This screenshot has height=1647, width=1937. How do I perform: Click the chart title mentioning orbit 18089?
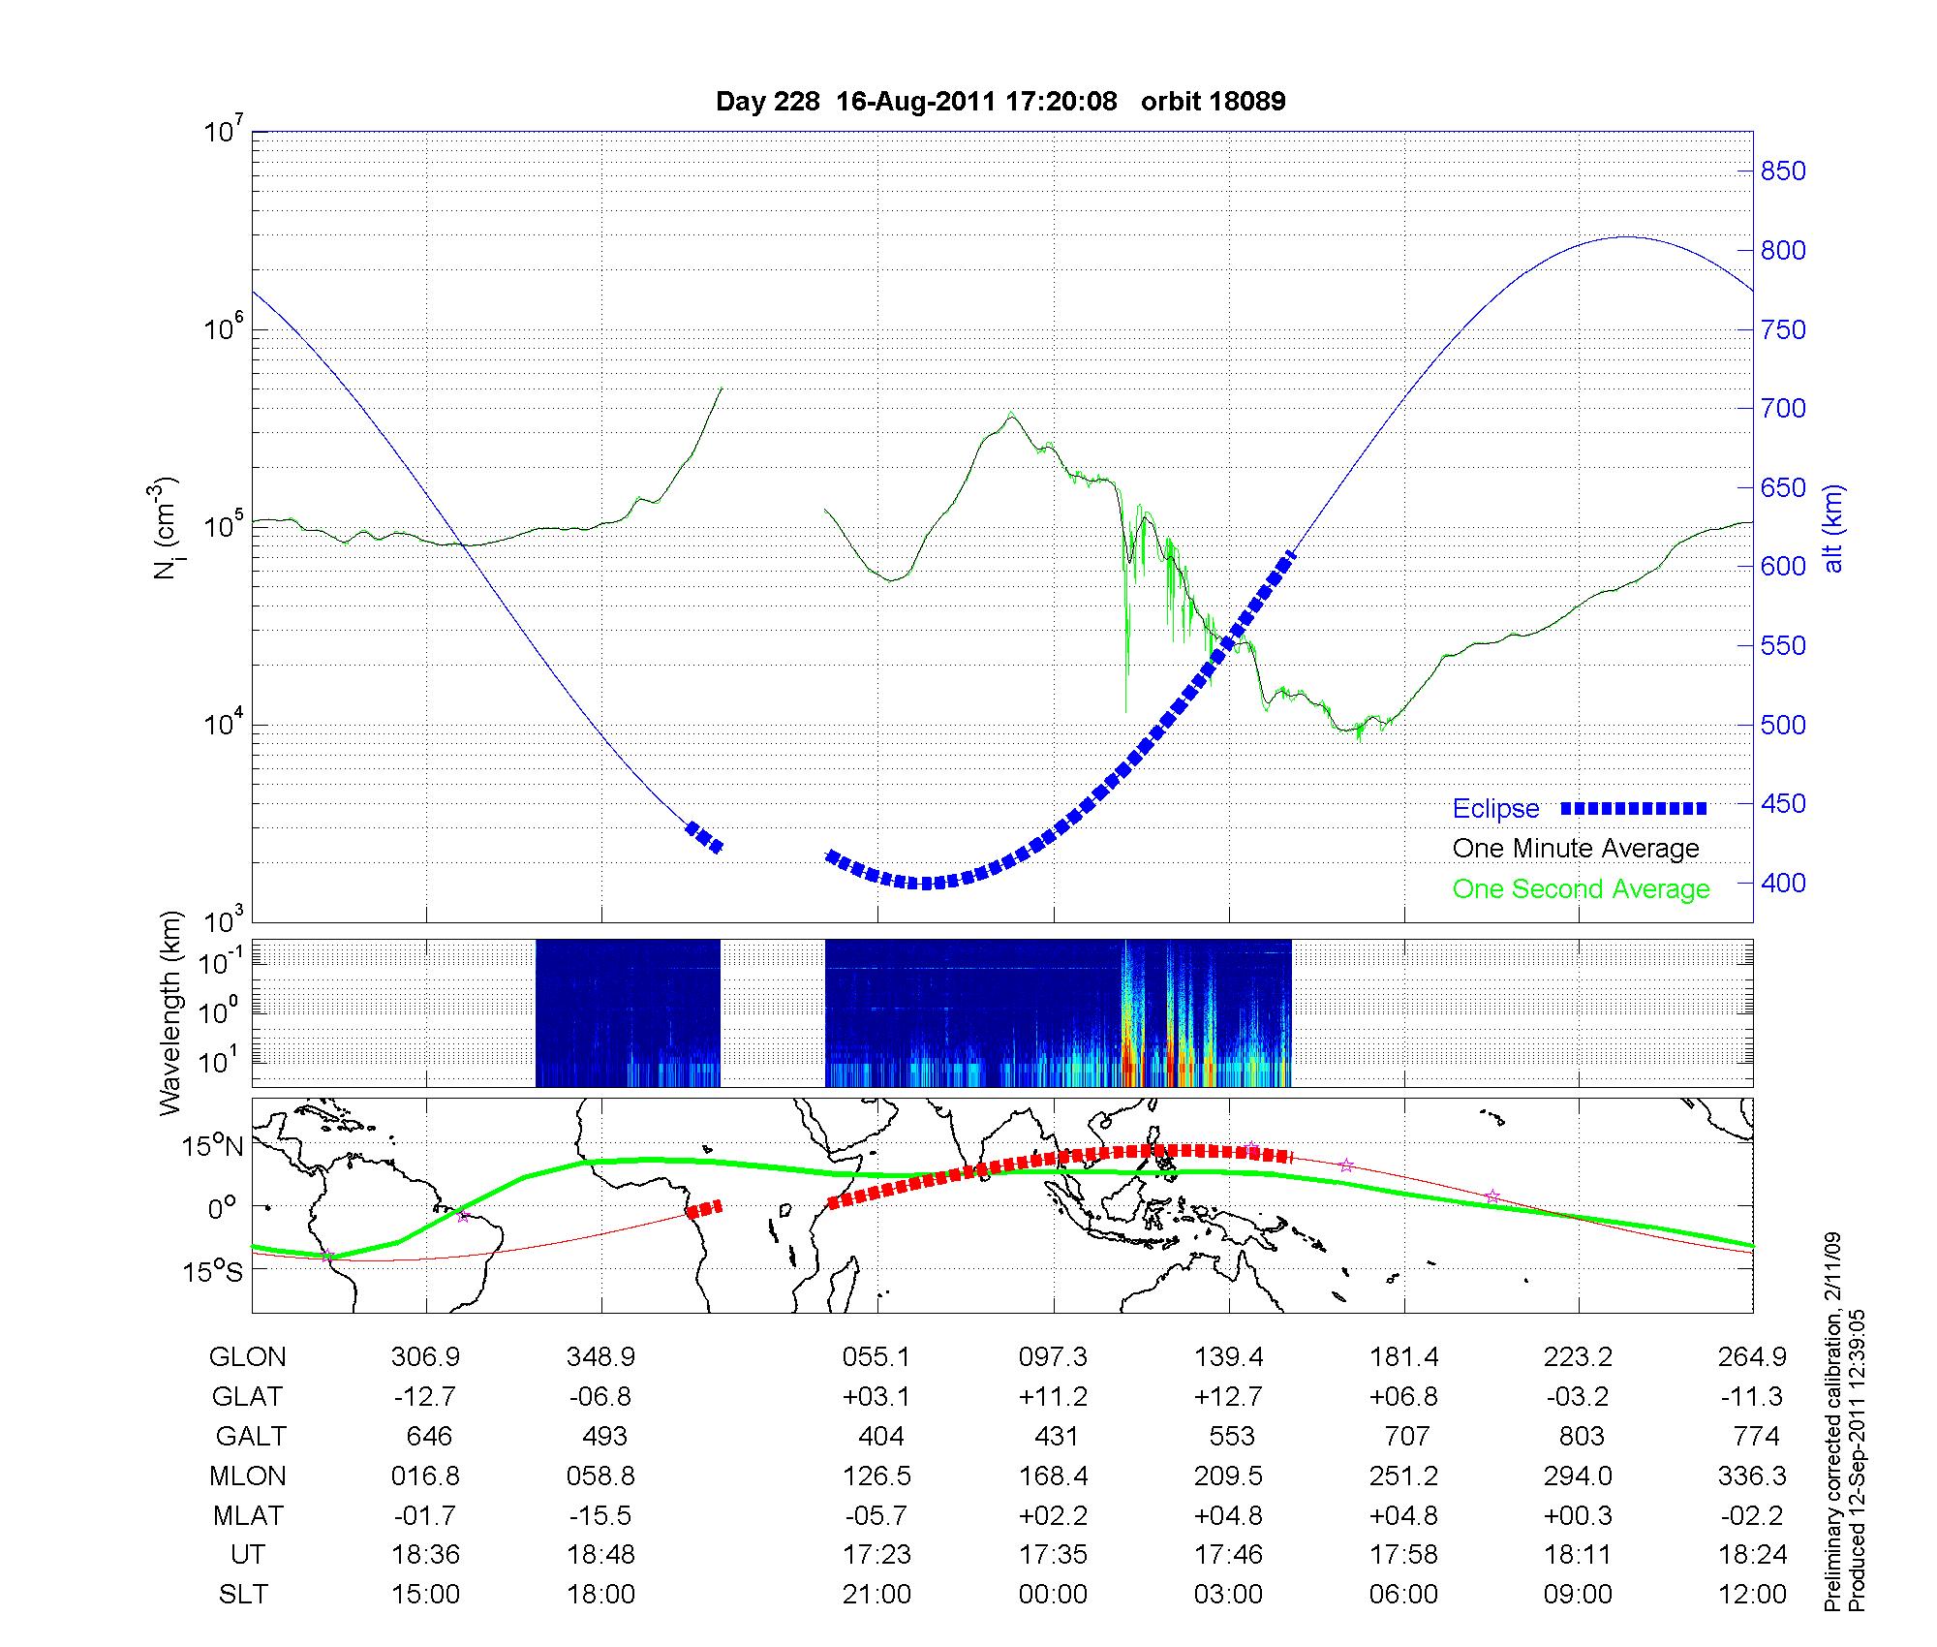pos(1000,102)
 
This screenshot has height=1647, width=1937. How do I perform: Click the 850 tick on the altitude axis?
pos(1783,171)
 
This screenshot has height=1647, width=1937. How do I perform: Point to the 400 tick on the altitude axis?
pos(1783,883)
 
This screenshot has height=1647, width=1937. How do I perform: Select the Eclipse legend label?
pos(1495,808)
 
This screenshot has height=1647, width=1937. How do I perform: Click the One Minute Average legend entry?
pos(1576,849)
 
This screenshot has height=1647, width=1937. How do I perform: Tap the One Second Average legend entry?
pos(1581,889)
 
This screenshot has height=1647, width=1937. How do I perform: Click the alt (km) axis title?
pos(1833,528)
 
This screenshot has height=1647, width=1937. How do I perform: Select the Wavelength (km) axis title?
pos(171,1012)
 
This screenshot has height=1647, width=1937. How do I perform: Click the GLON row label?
pos(247,1357)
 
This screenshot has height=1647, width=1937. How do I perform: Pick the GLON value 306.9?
pos(426,1357)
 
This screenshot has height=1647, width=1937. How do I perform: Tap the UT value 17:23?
pos(876,1555)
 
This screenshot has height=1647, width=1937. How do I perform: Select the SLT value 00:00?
pos(1053,1594)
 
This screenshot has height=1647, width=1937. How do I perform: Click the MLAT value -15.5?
pos(602,1515)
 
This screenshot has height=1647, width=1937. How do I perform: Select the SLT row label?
pos(243,1594)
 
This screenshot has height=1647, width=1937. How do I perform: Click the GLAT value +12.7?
pos(1229,1396)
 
